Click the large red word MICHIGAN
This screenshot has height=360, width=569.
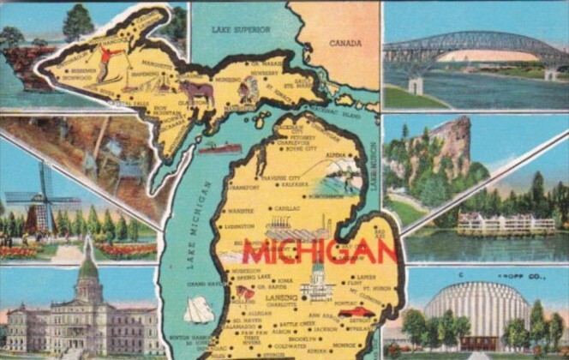click(x=319, y=250)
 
